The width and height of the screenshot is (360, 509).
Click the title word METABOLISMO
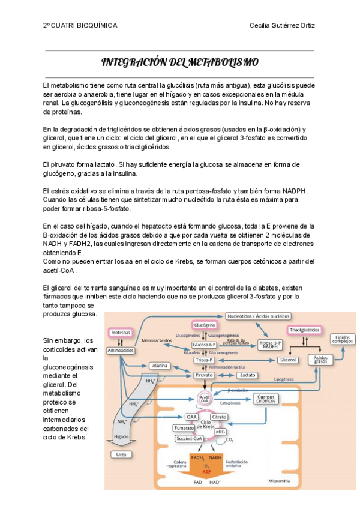[x=223, y=62]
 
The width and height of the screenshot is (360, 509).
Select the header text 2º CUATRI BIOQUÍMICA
[x=80, y=25]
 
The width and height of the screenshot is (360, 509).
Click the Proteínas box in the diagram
[x=121, y=332]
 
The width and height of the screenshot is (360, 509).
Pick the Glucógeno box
[x=205, y=324]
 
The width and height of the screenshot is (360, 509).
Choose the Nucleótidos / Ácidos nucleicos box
[x=259, y=316]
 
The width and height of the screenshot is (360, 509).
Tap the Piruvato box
[x=205, y=375]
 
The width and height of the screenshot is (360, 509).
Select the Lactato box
[x=245, y=375]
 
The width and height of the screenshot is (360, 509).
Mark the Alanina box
[x=159, y=365]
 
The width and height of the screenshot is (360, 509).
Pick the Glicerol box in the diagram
[x=287, y=360]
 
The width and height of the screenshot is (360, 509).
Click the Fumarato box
[x=184, y=428]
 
